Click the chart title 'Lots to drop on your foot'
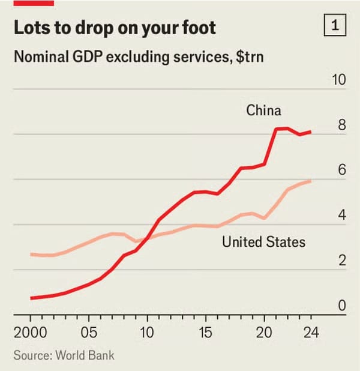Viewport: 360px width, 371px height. coord(114,28)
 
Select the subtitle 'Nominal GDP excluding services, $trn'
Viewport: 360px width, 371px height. coord(139,58)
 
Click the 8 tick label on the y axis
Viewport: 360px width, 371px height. coord(342,125)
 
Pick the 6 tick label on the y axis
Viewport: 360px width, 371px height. coord(342,170)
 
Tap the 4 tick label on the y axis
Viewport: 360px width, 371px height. coord(342,216)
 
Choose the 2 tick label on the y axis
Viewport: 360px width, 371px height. coord(342,261)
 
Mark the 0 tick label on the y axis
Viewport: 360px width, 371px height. coord(342,306)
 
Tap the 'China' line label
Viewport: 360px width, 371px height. coord(263,110)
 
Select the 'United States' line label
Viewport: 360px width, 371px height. coord(263,242)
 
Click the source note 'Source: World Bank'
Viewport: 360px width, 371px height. coord(64,355)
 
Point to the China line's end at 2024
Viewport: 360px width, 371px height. coord(311,131)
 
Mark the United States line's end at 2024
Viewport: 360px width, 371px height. coord(311,181)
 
